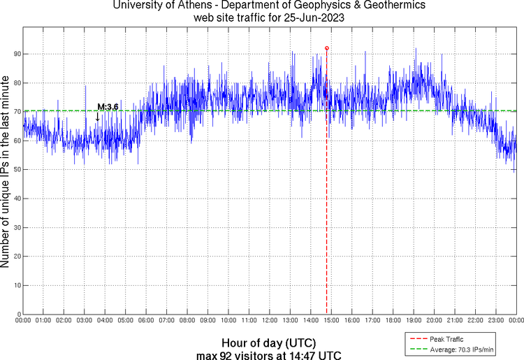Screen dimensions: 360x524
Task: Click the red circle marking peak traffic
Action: coord(326,48)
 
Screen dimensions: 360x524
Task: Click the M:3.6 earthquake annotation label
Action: coord(108,107)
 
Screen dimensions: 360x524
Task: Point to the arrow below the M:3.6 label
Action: coord(97,117)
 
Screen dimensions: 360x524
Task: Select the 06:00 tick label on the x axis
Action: coord(146,322)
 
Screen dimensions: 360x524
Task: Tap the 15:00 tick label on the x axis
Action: coord(331,322)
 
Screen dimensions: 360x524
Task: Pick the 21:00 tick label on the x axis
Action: coord(455,322)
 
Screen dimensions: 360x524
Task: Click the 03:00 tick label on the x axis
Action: coord(85,322)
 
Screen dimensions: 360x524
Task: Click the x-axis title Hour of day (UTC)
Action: coord(268,343)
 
